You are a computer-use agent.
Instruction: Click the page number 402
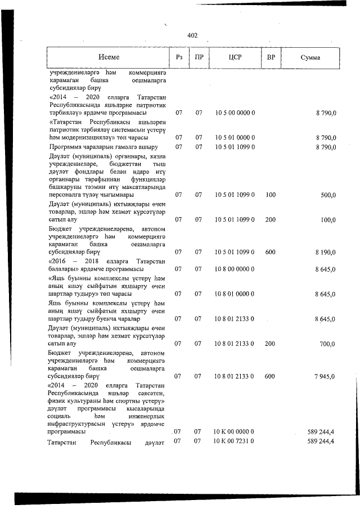coord(192,35)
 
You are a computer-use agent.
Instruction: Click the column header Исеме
coord(109,58)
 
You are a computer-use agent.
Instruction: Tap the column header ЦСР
coord(235,58)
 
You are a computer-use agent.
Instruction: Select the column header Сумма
coord(310,58)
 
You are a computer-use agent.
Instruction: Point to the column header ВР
coord(271,58)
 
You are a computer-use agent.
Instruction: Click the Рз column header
coord(179,58)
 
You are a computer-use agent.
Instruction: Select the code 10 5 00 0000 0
coord(235,113)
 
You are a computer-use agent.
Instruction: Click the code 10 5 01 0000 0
coord(235,138)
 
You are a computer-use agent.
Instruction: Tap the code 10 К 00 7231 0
coord(235,441)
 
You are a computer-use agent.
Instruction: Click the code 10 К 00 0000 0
coord(235,431)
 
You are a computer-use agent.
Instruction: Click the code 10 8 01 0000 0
coord(235,294)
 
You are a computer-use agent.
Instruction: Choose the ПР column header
coord(199,58)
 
